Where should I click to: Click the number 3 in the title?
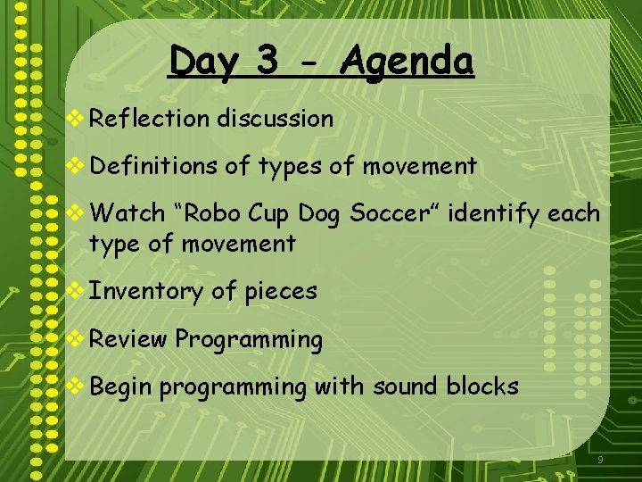[266, 62]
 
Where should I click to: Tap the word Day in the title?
[205, 62]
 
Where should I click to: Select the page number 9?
[600, 460]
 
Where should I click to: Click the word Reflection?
[149, 118]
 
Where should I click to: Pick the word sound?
[406, 386]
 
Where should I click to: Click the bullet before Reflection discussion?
[77, 119]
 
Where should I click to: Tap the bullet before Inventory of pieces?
[77, 291]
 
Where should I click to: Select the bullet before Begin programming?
[77, 386]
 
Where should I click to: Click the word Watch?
[128, 213]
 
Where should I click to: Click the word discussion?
[275, 118]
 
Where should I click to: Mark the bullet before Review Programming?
[77, 339]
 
